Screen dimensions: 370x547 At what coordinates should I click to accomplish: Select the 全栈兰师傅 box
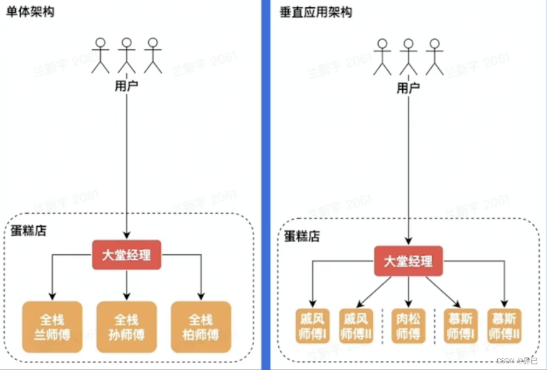pos(51,327)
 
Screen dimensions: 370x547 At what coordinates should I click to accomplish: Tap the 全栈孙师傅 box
pos(126,327)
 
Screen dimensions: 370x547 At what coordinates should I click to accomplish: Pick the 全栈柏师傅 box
pos(201,327)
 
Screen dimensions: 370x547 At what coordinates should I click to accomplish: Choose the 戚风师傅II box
pos(356,326)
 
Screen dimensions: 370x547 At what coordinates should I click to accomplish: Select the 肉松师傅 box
pos(408,326)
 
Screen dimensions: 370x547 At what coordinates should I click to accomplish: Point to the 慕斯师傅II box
pos(504,326)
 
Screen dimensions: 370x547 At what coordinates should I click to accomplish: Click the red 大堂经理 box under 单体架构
pos(126,255)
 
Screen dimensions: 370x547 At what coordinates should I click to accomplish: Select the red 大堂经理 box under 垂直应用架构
pos(408,260)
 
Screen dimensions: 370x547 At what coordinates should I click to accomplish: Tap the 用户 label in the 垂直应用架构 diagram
pos(408,88)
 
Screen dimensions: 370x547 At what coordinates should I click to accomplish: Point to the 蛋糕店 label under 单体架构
pos(29,231)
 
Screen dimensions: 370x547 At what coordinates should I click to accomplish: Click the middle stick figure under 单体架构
pos(126,55)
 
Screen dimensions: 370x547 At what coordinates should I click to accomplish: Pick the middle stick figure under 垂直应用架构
pos(408,57)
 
